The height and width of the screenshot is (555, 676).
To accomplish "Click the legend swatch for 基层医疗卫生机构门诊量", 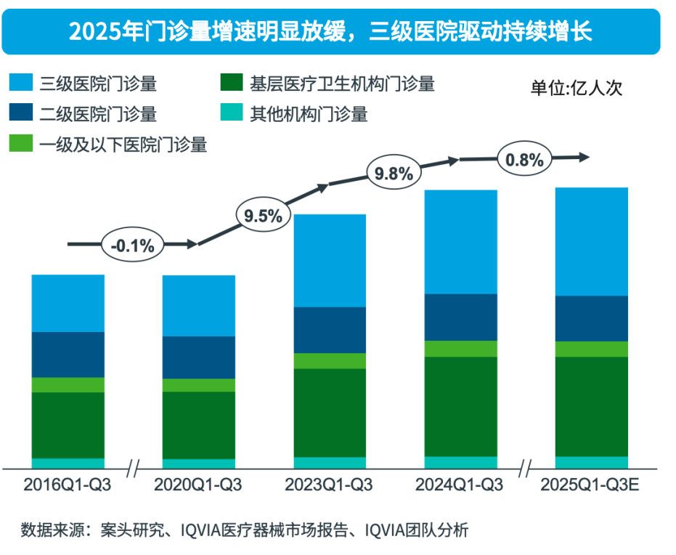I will [230, 84].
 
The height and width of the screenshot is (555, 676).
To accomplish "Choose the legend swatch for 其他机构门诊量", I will [230, 113].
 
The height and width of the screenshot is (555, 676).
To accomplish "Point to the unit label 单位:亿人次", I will [576, 89].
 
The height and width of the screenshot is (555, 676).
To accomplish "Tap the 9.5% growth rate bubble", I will [263, 216].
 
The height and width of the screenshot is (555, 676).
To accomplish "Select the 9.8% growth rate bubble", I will [394, 174].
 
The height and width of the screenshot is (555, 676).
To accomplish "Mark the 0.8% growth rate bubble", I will [524, 161].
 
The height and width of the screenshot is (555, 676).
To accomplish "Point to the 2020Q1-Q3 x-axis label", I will [198, 485].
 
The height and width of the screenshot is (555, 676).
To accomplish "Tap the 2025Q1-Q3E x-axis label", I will [590, 485].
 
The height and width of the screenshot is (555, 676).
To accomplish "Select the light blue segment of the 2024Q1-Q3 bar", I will [460, 242].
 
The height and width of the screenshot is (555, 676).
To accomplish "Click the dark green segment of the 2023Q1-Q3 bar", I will [330, 413].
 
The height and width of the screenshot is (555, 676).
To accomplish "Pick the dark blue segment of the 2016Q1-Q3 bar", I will [68, 355].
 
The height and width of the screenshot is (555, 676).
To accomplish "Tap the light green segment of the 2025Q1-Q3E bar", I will [591, 349].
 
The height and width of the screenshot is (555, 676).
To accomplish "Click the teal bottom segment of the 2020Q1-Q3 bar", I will [199, 463].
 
